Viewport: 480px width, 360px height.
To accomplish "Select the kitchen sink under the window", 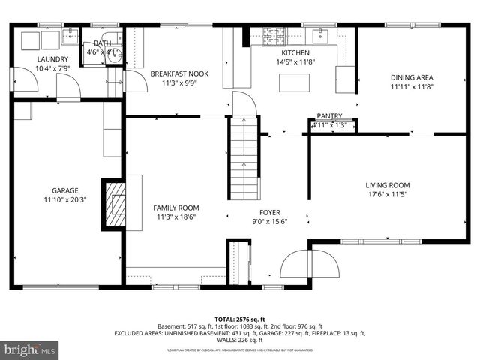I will point(323,34).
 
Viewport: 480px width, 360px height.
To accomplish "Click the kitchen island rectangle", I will point(295,82).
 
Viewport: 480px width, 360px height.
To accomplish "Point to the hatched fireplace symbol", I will point(115,203).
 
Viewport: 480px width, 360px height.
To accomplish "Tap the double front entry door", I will point(309,264).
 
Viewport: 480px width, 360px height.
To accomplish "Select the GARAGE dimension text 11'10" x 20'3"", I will point(64,200).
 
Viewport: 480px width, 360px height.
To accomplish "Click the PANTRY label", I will point(329,116).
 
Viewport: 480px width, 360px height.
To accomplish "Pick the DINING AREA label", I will point(412,76).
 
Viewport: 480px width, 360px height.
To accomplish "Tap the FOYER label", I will point(270,212).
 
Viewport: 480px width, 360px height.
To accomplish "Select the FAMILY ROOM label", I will point(175,208).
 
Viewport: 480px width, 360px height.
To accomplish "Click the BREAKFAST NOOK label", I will point(178,73).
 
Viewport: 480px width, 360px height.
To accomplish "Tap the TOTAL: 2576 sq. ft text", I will point(239,318).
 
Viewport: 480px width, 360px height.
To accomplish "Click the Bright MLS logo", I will point(30,349).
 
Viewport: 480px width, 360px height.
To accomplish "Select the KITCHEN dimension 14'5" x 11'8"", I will point(295,63).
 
